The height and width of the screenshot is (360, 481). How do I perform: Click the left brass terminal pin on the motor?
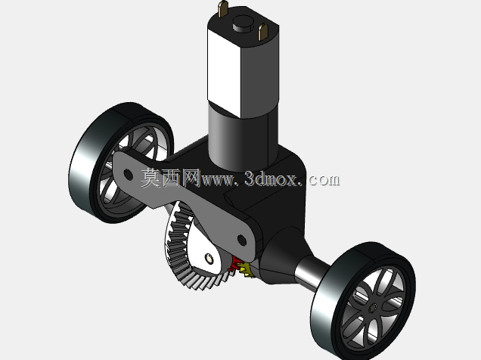223,9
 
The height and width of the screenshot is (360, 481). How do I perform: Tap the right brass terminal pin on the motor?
263,33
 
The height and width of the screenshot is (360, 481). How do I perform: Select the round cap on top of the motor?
243,24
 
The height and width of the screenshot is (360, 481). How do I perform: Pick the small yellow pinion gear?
245,269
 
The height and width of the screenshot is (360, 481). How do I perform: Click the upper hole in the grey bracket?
128,175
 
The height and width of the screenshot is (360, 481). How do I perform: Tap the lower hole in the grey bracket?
242,240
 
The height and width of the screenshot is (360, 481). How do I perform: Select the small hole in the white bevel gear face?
209,259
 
